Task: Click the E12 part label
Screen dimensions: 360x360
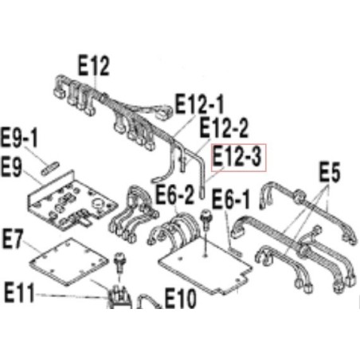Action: (93, 65)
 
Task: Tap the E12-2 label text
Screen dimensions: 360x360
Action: (224, 127)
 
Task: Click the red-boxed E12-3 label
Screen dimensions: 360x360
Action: (238, 158)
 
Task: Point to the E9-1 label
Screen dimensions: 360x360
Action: (19, 138)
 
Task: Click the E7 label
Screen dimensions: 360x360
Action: (13, 240)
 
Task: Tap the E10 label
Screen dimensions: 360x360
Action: (181, 299)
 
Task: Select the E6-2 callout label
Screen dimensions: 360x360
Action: (175, 194)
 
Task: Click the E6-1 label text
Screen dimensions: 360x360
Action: (230, 200)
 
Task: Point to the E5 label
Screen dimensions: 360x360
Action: (329, 172)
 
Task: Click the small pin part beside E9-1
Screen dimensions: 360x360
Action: (50, 168)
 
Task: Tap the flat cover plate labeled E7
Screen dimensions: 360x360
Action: (68, 261)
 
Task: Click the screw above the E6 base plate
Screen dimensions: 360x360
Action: (205, 219)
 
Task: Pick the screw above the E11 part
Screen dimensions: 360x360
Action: (119, 262)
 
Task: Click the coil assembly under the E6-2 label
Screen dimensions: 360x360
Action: (176, 228)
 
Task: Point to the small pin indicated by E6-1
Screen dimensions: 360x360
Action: (235, 251)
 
